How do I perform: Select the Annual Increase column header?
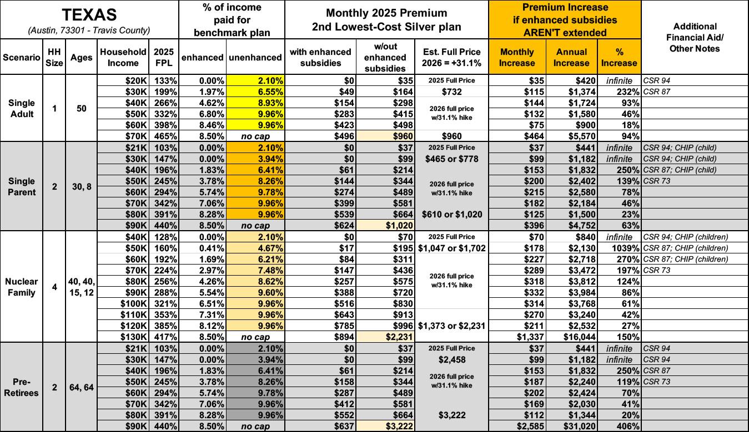[571, 57]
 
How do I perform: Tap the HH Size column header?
[54, 57]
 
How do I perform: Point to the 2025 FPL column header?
[164, 57]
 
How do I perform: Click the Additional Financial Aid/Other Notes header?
[695, 37]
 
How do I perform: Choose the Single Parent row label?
[21, 187]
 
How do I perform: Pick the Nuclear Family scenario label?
[21, 287]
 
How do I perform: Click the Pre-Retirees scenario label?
[21, 387]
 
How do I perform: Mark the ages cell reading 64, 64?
[82, 387]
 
